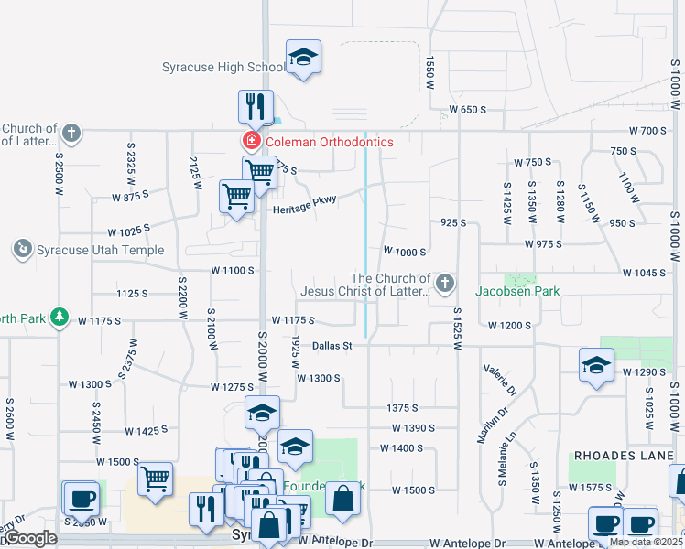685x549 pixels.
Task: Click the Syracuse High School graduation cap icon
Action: click(x=303, y=59)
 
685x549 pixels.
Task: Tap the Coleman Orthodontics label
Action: click(x=329, y=142)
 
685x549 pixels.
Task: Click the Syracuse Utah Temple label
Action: click(x=100, y=250)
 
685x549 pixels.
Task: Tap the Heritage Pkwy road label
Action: click(x=305, y=204)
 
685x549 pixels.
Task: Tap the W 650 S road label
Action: click(x=467, y=110)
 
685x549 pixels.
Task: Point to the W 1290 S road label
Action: click(x=642, y=372)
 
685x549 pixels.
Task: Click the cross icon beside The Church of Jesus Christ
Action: click(x=445, y=284)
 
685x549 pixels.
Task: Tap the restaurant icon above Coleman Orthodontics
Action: click(x=256, y=106)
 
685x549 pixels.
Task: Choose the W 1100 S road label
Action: click(x=232, y=271)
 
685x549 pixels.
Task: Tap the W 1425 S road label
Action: click(x=147, y=431)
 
